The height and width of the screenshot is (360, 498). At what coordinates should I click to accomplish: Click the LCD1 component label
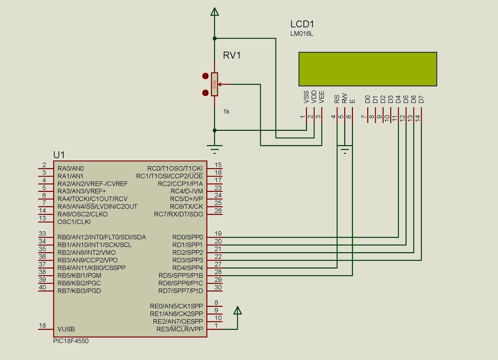tap(302, 24)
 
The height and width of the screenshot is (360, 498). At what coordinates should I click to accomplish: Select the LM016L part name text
tap(302, 34)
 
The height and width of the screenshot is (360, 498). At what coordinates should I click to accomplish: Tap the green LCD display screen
tap(368, 69)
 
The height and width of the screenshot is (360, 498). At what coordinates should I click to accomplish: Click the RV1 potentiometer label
tap(232, 55)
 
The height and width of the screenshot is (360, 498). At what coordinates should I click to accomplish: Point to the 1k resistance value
tap(226, 111)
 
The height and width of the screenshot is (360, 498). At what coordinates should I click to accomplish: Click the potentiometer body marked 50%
tap(214, 84)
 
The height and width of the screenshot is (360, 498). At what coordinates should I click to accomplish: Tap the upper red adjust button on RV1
tap(205, 76)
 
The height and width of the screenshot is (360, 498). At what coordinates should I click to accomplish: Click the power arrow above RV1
tap(214, 12)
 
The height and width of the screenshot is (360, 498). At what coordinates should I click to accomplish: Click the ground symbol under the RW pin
tap(345, 151)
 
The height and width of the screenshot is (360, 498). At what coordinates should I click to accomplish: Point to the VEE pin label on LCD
tap(322, 97)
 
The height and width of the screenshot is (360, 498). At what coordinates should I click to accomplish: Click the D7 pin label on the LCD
tap(421, 99)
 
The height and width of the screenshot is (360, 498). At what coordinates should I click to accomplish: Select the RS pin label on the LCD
tap(337, 99)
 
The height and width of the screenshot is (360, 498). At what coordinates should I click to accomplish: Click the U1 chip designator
tap(59, 155)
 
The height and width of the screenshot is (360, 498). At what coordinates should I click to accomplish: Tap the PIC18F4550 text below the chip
tap(71, 341)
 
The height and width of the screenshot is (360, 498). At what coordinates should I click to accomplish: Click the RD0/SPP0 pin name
tap(187, 237)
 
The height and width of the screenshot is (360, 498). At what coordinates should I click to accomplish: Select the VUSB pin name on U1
tap(66, 329)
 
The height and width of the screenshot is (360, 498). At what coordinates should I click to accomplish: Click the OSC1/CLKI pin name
tap(74, 222)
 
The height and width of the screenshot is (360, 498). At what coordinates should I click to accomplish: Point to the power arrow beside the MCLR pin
tap(237, 311)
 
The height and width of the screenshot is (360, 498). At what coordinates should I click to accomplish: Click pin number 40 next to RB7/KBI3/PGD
tap(42, 287)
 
